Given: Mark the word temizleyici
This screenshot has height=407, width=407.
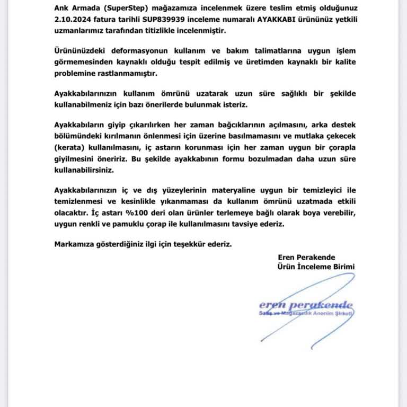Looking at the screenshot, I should click(x=313, y=190).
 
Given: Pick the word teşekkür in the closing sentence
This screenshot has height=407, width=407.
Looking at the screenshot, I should click(x=188, y=244).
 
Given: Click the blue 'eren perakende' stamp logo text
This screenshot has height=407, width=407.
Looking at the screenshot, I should click(x=306, y=306).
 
